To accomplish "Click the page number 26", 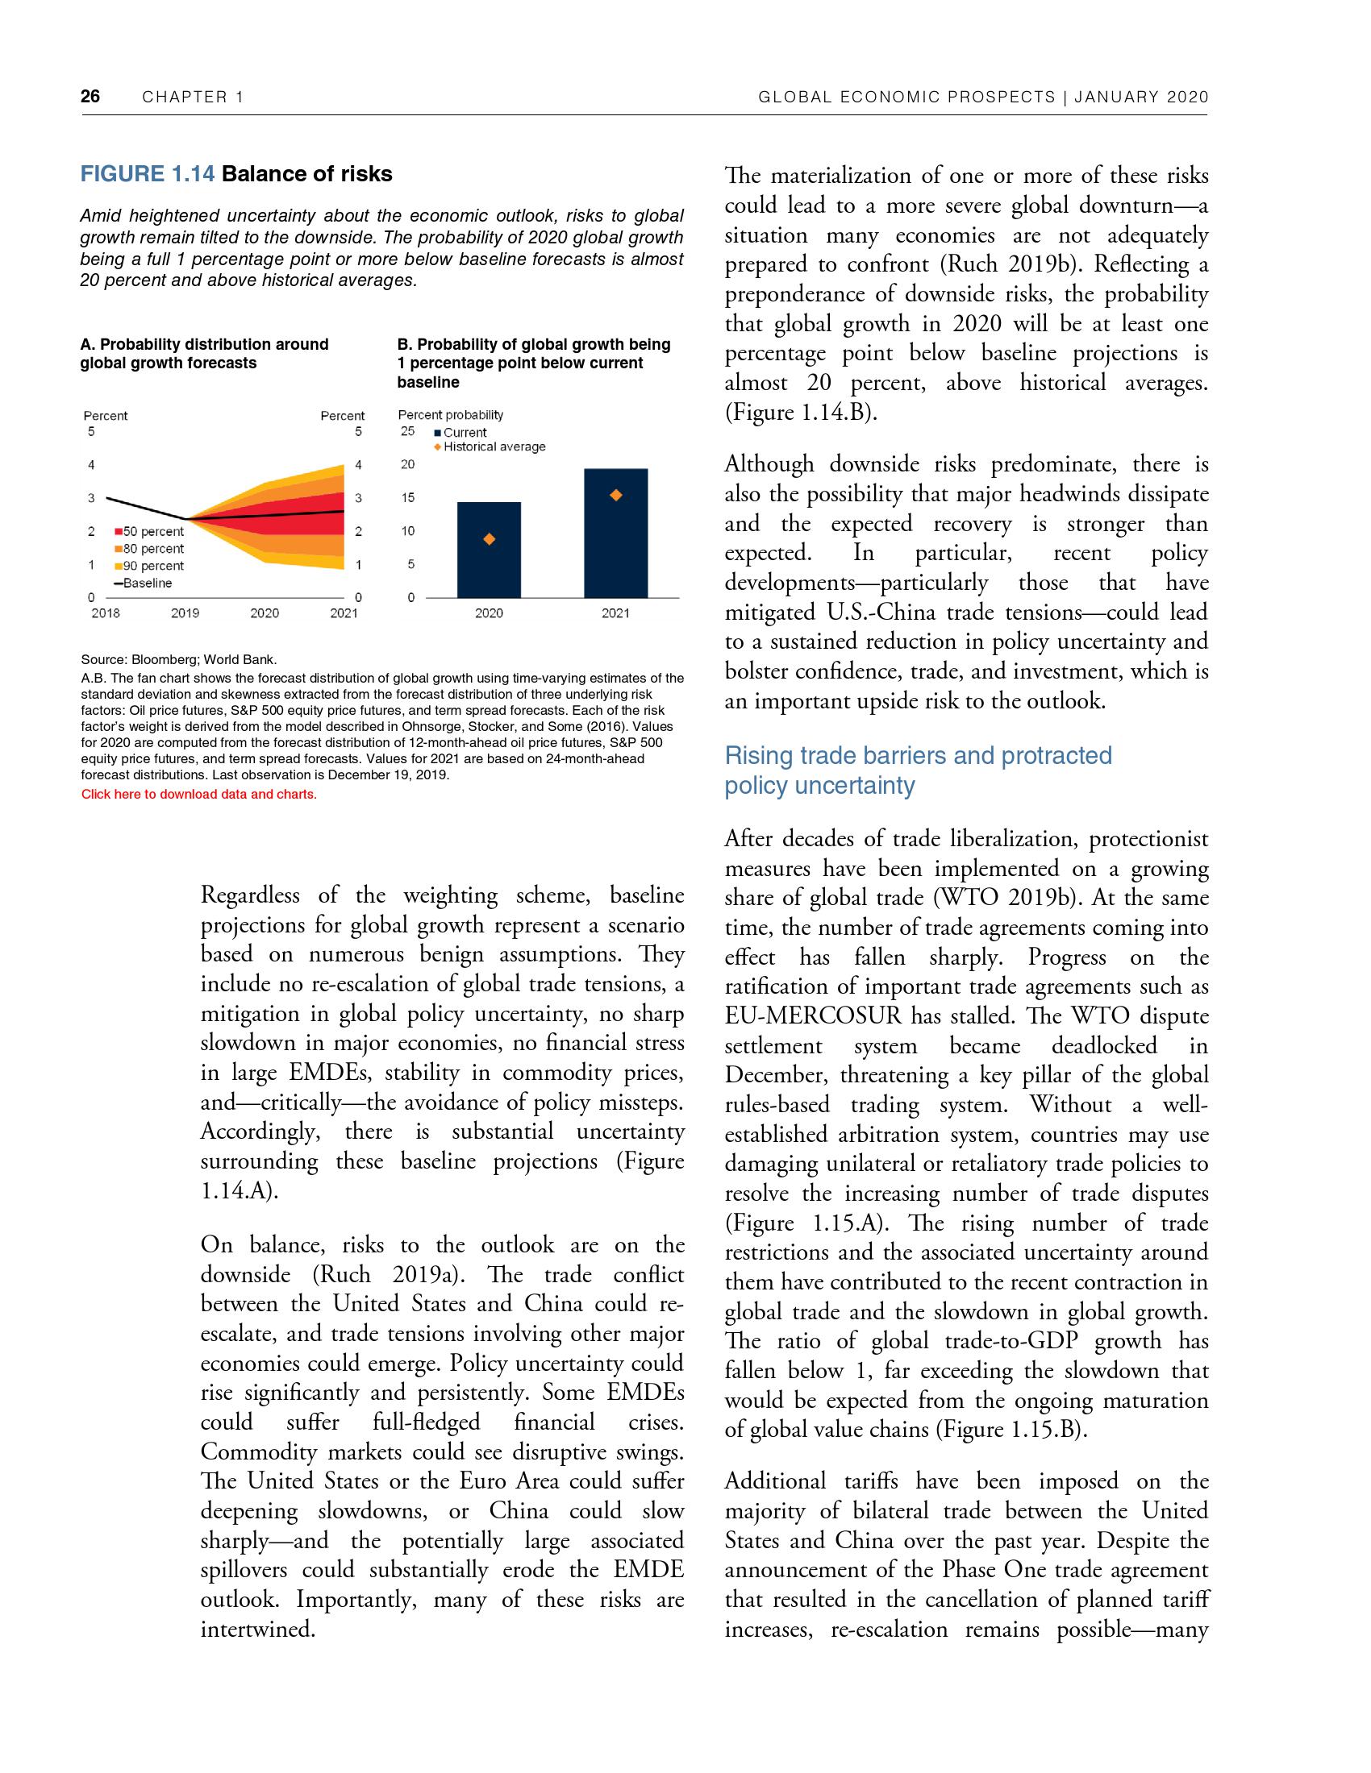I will (x=90, y=97).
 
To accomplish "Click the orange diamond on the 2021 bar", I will (x=615, y=495).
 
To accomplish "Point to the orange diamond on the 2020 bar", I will (x=489, y=539).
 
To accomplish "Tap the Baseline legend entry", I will (x=147, y=583).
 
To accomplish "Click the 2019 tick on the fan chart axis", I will (x=185, y=614).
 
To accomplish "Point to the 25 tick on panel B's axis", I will (x=408, y=431).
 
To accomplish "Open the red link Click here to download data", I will (x=198, y=794).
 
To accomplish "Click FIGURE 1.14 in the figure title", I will (x=147, y=175).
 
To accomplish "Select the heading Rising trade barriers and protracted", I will (x=918, y=756).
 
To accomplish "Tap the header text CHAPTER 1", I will (x=193, y=98).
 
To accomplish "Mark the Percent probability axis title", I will (x=451, y=415).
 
